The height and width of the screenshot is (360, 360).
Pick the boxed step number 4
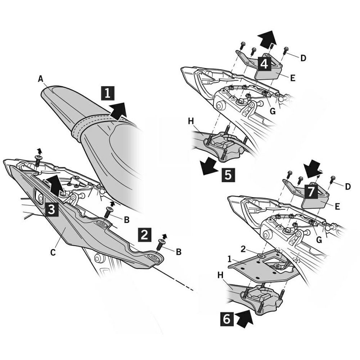pyautogui.click(x=264, y=64)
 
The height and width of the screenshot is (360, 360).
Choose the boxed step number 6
pyautogui.click(x=226, y=319)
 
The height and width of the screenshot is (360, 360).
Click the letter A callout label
pyautogui.click(x=40, y=78)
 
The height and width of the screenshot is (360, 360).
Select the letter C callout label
pyautogui.click(x=53, y=252)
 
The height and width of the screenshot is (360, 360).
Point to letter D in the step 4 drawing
pyautogui.click(x=303, y=58)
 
